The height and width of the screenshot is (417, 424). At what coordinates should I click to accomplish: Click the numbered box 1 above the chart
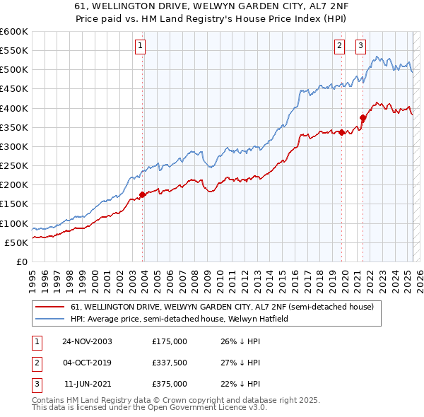(141, 47)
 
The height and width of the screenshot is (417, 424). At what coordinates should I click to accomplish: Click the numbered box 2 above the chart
(339, 47)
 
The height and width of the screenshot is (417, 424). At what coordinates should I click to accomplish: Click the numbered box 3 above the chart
(360, 47)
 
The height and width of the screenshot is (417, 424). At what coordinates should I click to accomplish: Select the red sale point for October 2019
(341, 132)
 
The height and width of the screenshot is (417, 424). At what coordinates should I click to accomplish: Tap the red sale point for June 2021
(363, 117)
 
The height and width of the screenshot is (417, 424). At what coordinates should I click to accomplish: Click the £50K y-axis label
(16, 242)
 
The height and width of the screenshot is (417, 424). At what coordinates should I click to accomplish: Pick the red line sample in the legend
(51, 307)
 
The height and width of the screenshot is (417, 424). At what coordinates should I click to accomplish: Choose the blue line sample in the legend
(51, 319)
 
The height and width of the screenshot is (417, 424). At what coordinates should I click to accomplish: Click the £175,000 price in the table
(170, 341)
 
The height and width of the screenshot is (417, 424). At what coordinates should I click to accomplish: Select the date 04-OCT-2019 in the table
(87, 363)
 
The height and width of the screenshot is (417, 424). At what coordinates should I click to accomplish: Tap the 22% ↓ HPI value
(241, 384)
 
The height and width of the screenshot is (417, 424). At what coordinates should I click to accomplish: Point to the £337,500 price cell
(170, 363)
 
